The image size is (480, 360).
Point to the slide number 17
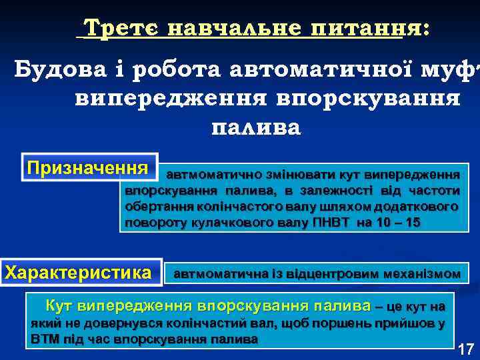(465, 348)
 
